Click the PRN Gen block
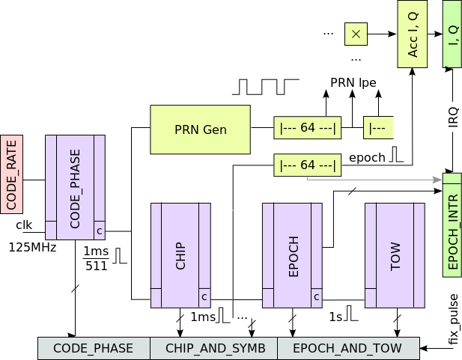tap(200, 129)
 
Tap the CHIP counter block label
tap(180, 254)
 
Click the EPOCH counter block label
tap(292, 254)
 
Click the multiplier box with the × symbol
tap(356, 34)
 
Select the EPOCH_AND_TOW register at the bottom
tap(348, 348)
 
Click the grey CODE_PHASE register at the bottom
tap(94, 348)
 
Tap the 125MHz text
tap(32, 245)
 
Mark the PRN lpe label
tap(353, 82)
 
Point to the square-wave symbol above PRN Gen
tap(265, 86)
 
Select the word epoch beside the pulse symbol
tap(367, 157)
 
